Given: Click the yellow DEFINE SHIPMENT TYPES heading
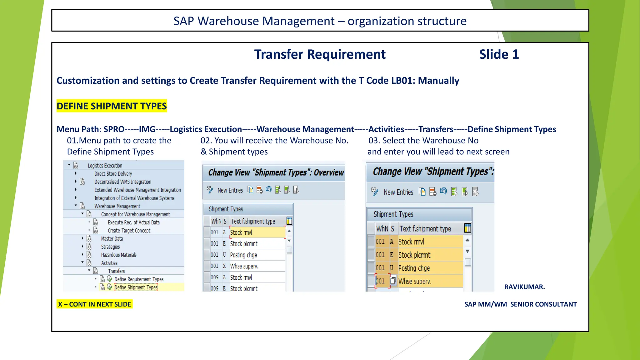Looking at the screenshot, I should [112, 106].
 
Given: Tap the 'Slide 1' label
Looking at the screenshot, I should [499, 54].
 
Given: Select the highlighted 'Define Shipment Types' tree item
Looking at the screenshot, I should [136, 287].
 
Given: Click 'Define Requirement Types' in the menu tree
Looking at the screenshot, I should [139, 279].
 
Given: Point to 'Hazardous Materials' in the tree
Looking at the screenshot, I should [119, 255].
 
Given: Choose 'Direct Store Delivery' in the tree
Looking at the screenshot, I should [113, 174].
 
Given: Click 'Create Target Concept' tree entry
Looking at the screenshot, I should [129, 231].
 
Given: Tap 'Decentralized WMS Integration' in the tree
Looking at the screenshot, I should [123, 182].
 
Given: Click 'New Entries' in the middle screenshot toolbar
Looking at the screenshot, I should [230, 190].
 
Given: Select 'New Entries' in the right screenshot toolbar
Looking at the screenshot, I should [398, 192].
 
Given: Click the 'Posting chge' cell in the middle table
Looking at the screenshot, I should [243, 255].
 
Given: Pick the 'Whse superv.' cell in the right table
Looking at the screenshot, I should [415, 281].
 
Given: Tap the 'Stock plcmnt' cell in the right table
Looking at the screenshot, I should [414, 255].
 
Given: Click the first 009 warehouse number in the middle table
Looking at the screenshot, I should [214, 277].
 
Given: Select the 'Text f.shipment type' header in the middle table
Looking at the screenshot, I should [253, 221].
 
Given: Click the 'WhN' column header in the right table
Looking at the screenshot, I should [382, 228].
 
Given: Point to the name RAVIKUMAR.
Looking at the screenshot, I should [524, 287].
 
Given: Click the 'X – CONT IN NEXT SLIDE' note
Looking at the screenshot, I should [94, 304].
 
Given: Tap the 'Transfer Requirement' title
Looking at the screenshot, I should [320, 54].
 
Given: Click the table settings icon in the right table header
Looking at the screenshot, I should [467, 228].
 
